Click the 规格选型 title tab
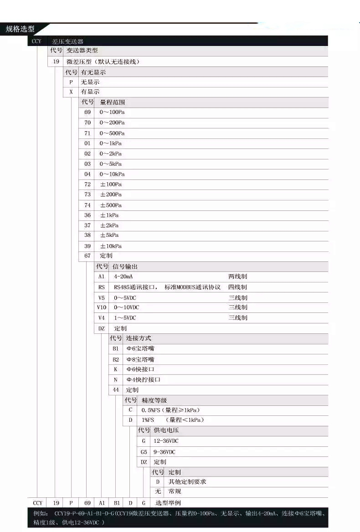click(x=20, y=29)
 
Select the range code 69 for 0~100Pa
click(x=87, y=112)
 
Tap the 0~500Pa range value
click(x=112, y=133)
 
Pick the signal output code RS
click(x=102, y=287)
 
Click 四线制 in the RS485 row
click(x=237, y=287)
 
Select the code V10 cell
click(x=102, y=307)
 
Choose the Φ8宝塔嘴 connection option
click(x=140, y=359)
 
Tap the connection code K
click(x=116, y=369)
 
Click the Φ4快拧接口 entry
click(x=144, y=379)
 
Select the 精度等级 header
click(x=154, y=400)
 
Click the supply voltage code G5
click(x=144, y=452)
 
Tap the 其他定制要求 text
click(x=188, y=481)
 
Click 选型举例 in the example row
click(x=168, y=503)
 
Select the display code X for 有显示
click(x=71, y=92)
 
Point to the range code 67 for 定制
click(x=87, y=256)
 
